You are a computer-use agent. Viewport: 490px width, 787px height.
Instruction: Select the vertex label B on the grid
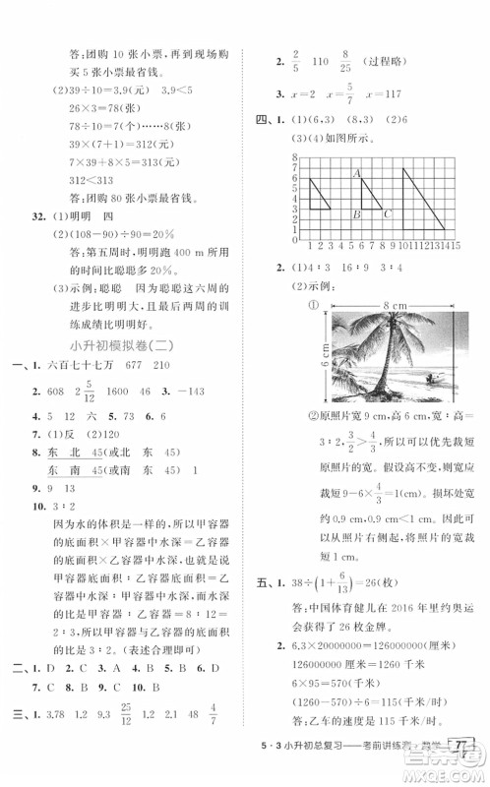[354, 214]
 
